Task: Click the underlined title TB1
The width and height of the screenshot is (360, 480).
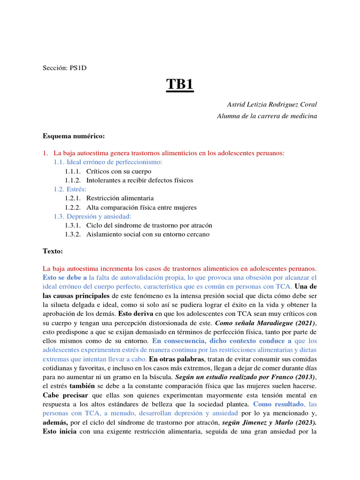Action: [x=180, y=86]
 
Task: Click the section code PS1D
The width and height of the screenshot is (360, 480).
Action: [x=78, y=67]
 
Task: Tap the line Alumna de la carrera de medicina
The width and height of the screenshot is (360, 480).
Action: [x=267, y=116]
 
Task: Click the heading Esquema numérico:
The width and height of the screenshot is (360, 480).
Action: [x=74, y=136]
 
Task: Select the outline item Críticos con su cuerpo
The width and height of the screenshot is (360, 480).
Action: [x=119, y=171]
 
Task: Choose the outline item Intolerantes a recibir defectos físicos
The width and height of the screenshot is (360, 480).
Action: [x=139, y=180]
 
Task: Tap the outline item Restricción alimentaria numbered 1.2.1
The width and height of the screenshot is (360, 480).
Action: [x=120, y=198]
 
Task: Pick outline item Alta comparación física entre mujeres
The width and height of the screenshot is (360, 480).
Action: [x=141, y=207]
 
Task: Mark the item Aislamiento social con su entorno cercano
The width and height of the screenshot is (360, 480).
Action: [x=148, y=234]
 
